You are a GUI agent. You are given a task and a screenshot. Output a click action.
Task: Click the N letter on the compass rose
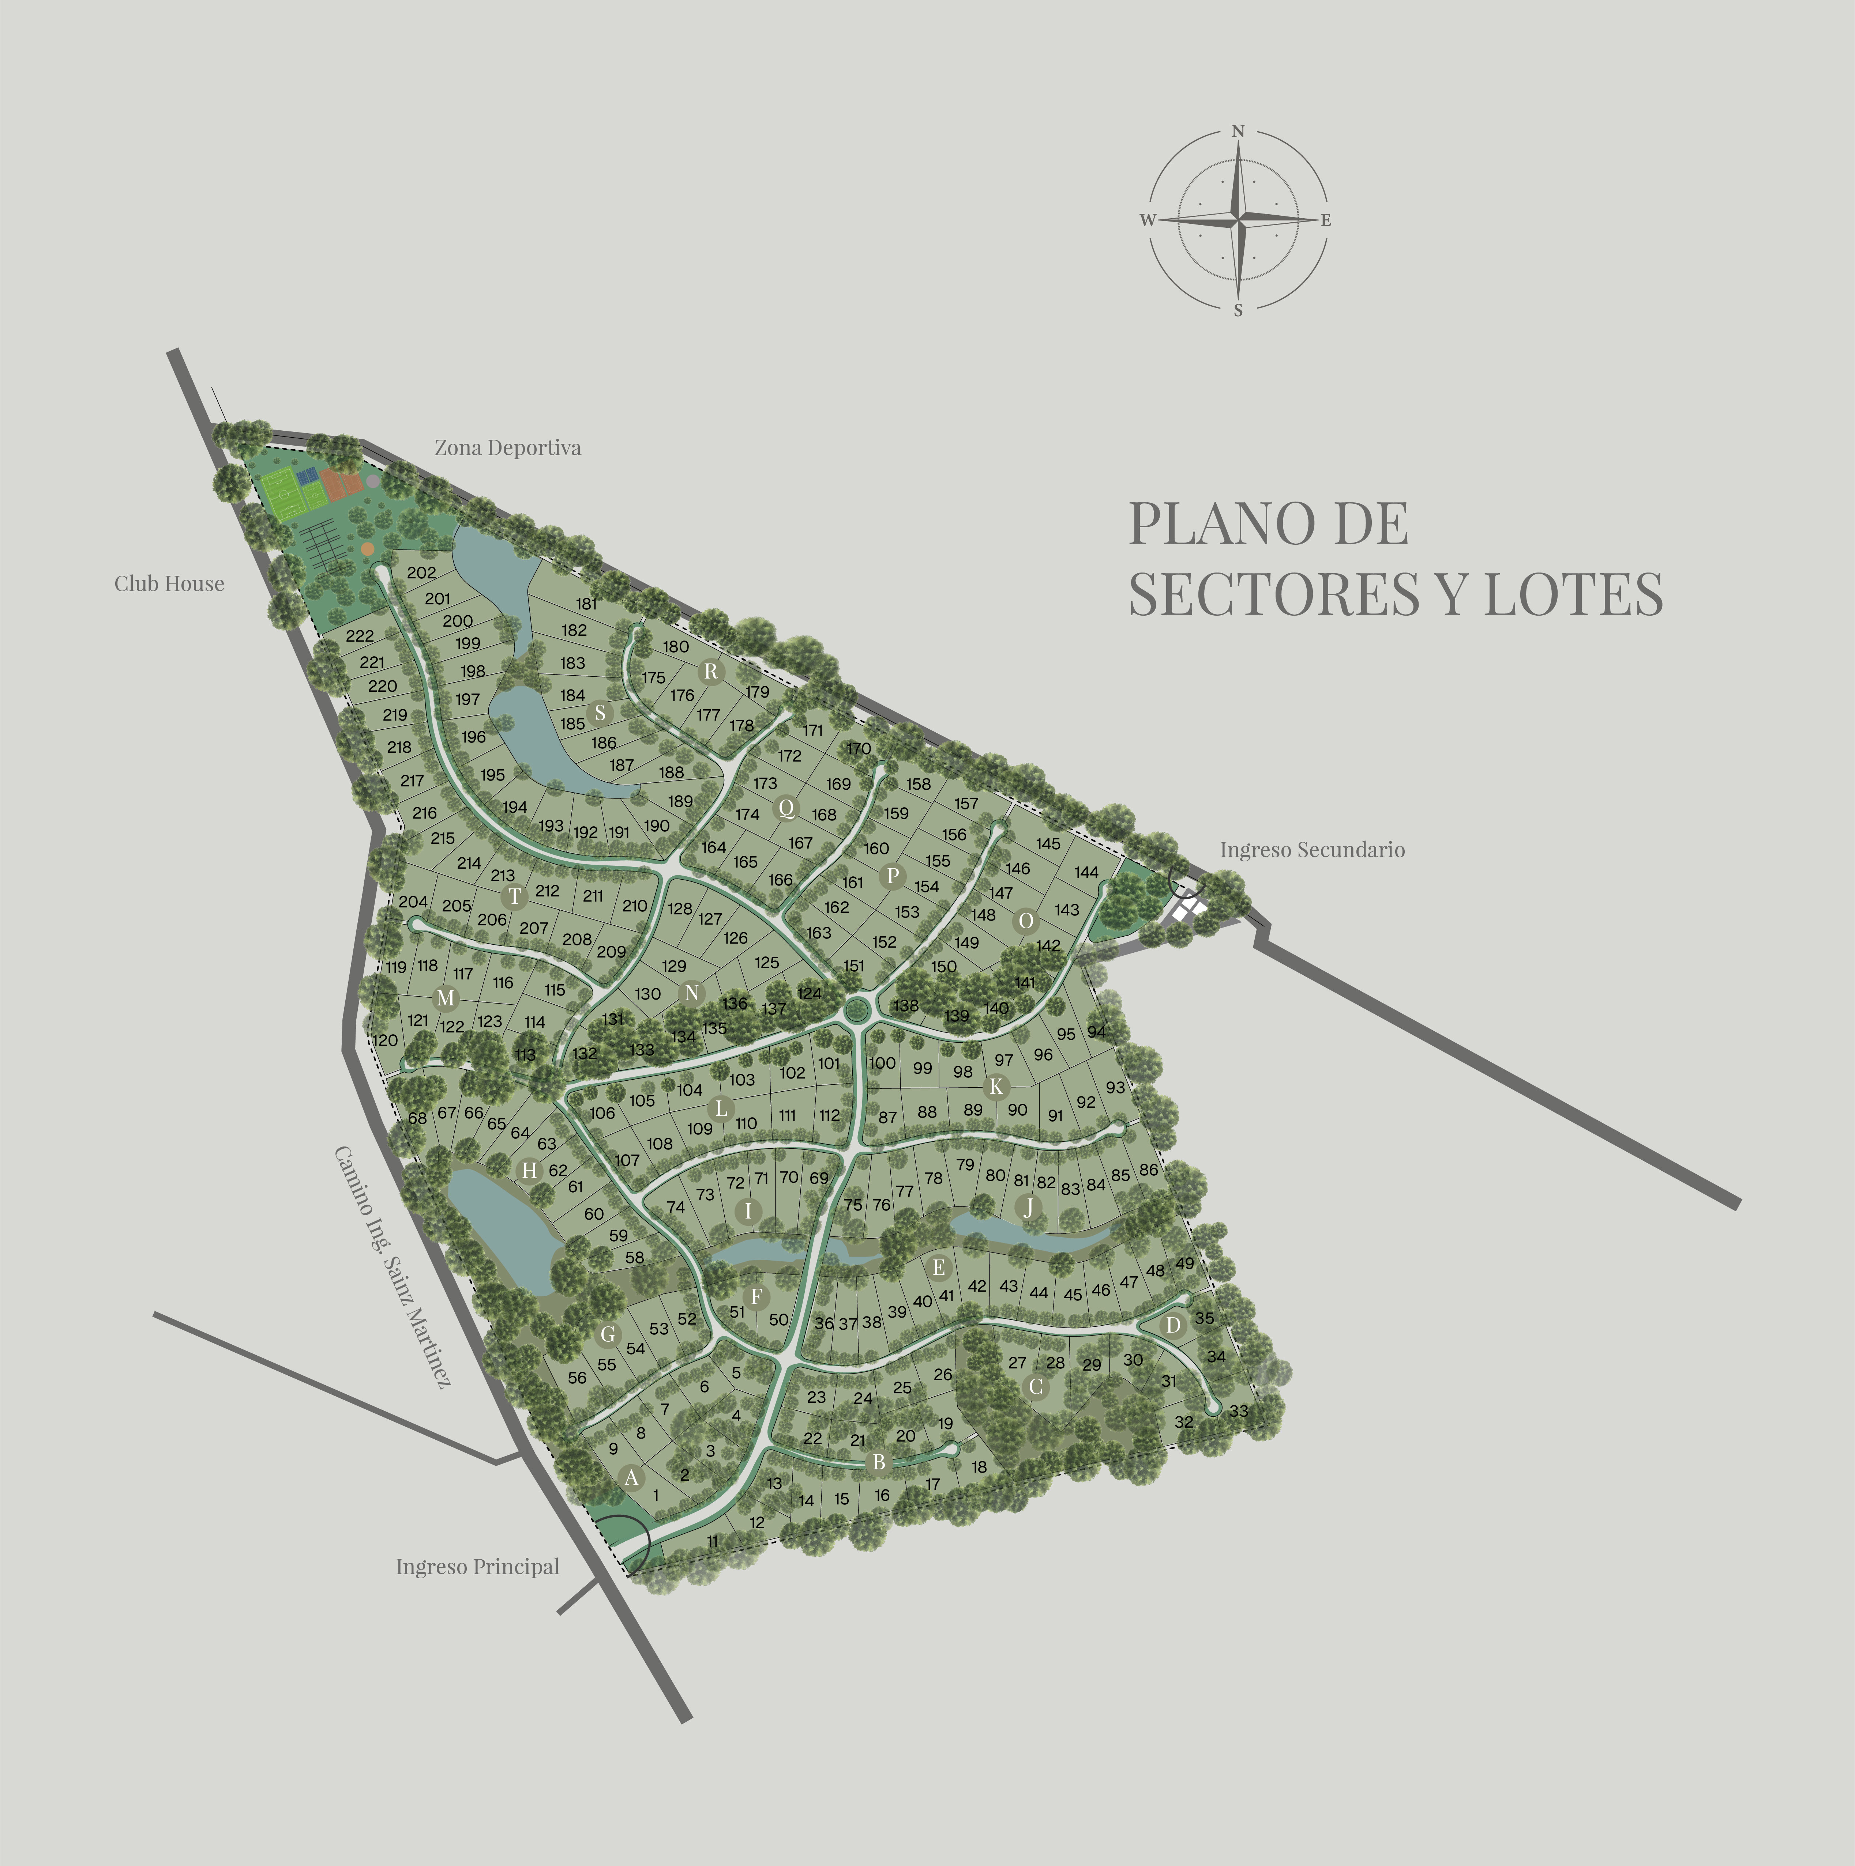1238,131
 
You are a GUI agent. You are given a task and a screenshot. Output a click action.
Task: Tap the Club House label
169,583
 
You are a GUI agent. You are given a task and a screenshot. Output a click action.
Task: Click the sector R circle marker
711,671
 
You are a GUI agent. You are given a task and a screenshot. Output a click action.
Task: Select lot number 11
713,1541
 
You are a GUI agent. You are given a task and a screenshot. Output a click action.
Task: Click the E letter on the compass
1326,220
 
